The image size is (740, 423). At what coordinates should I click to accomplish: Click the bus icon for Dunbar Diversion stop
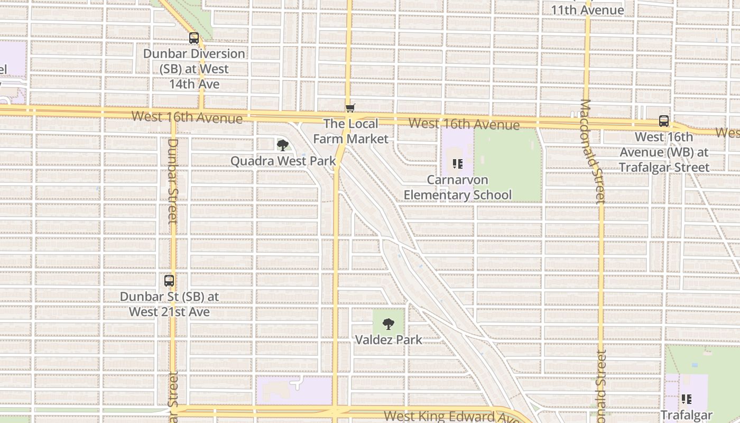tap(194, 38)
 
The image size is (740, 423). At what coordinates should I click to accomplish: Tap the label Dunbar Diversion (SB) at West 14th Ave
tap(195, 69)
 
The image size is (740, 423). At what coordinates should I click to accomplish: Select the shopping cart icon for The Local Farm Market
tap(350, 108)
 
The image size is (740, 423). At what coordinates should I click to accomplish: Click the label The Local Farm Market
tap(351, 131)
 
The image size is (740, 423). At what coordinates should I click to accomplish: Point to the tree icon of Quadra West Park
tap(283, 145)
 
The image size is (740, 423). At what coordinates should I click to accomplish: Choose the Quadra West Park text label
tap(283, 161)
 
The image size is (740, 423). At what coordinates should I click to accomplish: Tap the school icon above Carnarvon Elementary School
tap(458, 164)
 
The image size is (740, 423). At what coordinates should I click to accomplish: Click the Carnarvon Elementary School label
tap(458, 187)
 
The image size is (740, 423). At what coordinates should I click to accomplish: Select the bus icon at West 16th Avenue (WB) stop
tap(664, 121)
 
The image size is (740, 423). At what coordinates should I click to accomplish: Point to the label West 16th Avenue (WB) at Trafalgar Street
tap(664, 152)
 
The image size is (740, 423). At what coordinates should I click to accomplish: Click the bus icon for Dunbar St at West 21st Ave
tap(169, 281)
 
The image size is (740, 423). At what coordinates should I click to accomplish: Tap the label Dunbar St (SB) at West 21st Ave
tap(169, 305)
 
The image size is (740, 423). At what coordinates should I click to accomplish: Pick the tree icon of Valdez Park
tap(388, 324)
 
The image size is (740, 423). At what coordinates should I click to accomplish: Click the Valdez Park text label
tap(388, 339)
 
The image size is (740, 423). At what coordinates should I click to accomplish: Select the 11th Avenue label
tap(587, 10)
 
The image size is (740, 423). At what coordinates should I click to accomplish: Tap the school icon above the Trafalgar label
tap(687, 399)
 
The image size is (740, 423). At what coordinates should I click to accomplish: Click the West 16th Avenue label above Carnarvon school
tap(464, 124)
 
